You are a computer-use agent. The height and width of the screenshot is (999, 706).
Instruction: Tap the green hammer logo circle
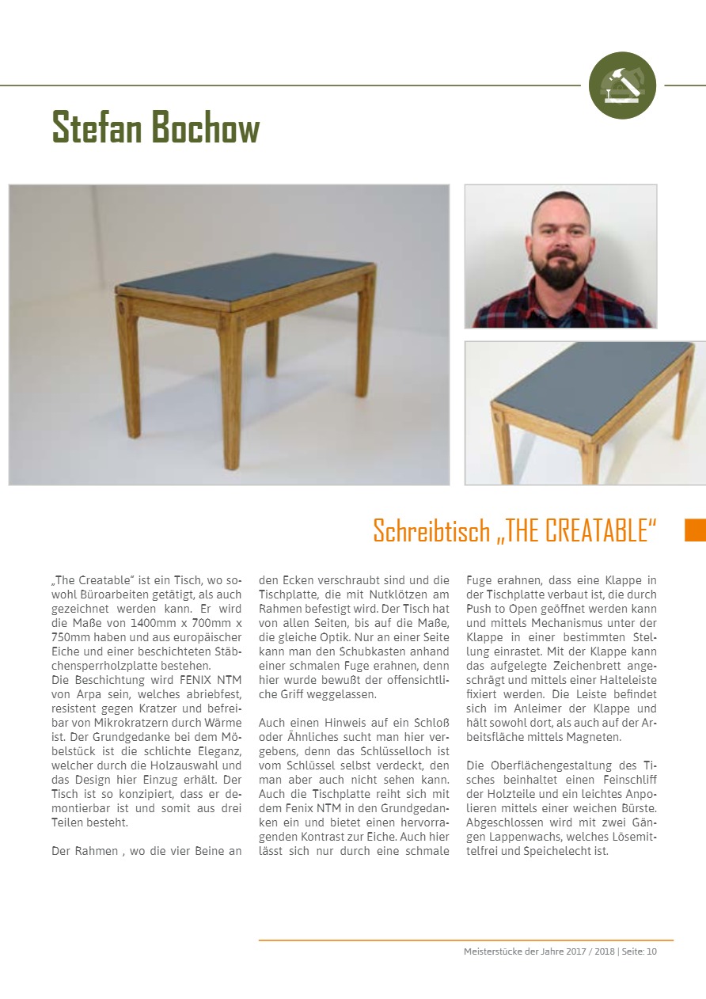622,85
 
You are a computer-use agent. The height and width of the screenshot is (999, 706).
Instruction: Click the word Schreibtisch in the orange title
432,530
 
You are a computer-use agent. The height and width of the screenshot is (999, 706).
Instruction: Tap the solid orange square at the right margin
694,530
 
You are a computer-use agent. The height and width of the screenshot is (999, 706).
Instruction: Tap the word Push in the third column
482,609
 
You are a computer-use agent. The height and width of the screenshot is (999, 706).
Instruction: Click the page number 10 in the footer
651,951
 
